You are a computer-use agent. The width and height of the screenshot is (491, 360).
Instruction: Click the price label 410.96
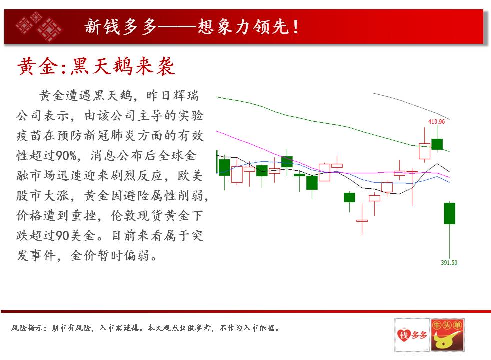coord(436,121)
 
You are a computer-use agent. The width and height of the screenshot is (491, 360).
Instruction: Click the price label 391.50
coord(449,262)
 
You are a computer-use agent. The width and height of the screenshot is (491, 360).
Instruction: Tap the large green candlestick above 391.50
coord(449,213)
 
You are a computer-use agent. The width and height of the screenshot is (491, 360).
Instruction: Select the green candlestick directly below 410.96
coord(437,144)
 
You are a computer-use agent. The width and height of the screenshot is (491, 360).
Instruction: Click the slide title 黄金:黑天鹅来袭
coord(96,66)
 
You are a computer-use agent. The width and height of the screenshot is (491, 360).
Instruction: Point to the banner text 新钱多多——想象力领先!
coord(191,26)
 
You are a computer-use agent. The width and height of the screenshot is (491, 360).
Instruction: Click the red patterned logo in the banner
coord(39,26)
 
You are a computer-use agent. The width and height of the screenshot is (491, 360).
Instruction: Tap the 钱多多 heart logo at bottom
coord(412,335)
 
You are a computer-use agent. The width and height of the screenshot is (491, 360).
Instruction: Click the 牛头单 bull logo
coord(447,335)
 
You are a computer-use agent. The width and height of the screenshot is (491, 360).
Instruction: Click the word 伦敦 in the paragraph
coord(124,215)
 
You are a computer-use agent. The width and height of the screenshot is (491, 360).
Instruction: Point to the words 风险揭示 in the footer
coord(25,328)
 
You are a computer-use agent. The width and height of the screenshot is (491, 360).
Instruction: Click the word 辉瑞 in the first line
coord(186,95)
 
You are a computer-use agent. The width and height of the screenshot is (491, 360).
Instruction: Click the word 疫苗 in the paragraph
coord(29,135)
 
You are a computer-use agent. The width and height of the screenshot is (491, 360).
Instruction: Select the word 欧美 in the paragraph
coord(190,175)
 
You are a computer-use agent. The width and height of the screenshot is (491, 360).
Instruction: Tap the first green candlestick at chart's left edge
coord(224,167)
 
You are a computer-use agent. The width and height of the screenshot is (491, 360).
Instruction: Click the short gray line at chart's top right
coord(411,105)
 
